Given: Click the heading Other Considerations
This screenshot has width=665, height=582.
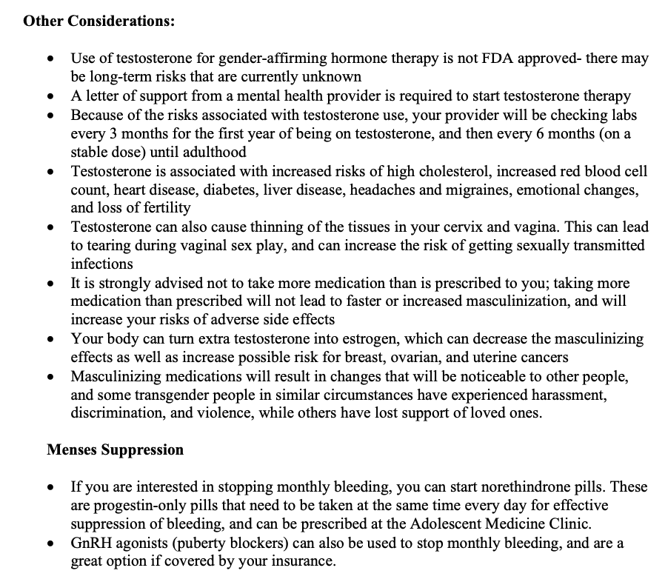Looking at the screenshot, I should coord(99,21).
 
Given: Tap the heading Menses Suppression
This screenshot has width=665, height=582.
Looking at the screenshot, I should coord(115,449).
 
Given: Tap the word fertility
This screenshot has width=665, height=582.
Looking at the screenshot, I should coord(166,208).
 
